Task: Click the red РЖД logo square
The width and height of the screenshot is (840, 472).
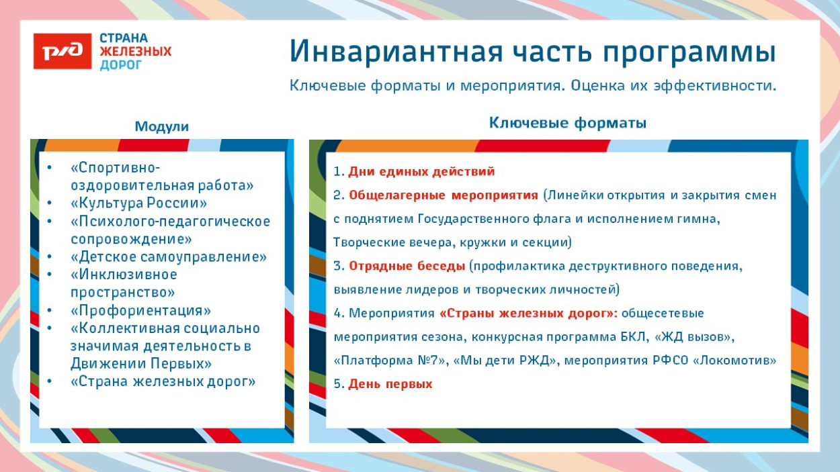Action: click(x=62, y=51)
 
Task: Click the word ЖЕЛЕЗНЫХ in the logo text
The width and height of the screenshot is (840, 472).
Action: click(x=135, y=52)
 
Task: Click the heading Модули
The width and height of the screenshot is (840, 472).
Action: click(x=162, y=127)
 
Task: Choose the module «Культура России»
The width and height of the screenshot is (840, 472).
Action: click(x=138, y=203)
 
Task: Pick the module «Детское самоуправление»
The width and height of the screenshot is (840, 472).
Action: click(x=169, y=256)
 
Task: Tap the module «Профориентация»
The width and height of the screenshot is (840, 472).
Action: click(x=140, y=310)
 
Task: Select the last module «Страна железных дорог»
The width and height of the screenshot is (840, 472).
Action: click(x=163, y=381)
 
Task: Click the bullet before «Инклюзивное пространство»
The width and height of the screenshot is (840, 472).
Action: click(x=49, y=275)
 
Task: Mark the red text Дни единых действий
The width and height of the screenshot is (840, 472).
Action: click(x=421, y=172)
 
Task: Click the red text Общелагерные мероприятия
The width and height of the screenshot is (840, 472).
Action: click(x=444, y=195)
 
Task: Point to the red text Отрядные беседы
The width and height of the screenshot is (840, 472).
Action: click(x=407, y=266)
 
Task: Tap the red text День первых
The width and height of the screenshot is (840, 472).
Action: click(x=390, y=384)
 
